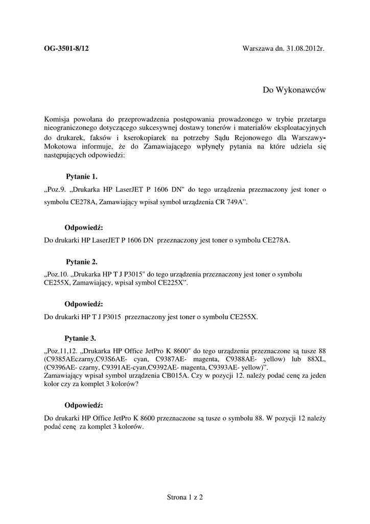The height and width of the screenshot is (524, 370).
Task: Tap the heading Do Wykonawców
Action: pyautogui.click(x=294, y=90)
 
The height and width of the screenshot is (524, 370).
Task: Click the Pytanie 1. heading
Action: pyautogui.click(x=82, y=177)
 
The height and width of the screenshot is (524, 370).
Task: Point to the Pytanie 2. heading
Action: pyautogui.click(x=82, y=262)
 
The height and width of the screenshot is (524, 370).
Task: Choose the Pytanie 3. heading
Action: pyautogui.click(x=80, y=338)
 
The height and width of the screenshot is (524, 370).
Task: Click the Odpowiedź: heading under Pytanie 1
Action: pyautogui.click(x=84, y=227)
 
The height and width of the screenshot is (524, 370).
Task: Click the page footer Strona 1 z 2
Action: pyautogui.click(x=185, y=497)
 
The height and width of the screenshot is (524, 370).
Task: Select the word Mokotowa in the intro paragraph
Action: pyautogui.click(x=61, y=147)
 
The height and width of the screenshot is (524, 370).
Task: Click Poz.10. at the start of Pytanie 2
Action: pyautogui.click(x=58, y=274)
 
